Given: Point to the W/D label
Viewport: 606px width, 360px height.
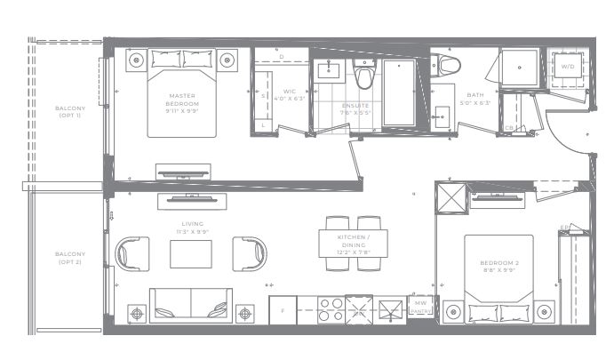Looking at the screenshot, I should [568, 65].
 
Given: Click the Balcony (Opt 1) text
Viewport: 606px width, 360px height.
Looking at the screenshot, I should [69, 112].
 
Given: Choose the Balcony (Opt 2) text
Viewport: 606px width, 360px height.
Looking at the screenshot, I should [68, 259].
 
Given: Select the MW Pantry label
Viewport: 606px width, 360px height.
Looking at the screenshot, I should [420, 308].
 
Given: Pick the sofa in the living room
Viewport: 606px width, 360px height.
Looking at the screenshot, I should [190, 304].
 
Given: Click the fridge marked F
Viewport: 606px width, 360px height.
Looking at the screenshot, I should [283, 311].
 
